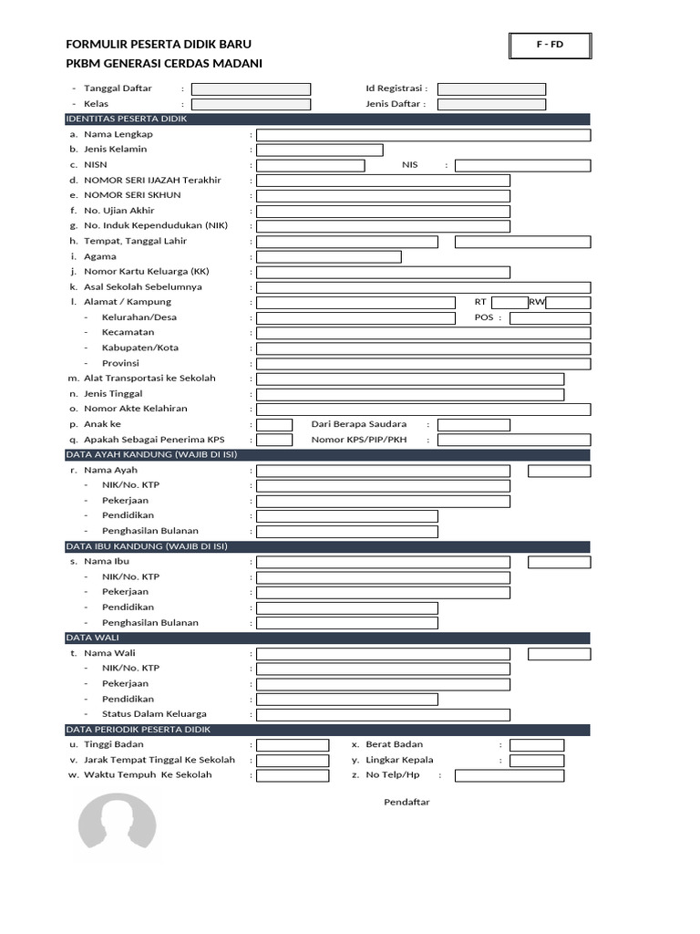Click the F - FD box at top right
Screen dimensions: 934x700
click(550, 46)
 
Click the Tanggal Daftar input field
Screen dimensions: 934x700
click(251, 89)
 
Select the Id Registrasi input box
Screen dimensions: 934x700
click(491, 89)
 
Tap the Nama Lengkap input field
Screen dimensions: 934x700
click(423, 135)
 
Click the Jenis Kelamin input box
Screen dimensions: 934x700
click(319, 150)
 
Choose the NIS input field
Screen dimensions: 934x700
click(522, 166)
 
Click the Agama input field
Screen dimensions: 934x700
click(328, 257)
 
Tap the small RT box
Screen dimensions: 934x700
click(510, 303)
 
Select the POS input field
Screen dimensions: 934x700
click(550, 318)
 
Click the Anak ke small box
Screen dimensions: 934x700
click(274, 425)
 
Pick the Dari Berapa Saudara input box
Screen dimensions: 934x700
click(473, 425)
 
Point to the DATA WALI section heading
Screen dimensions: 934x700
click(93, 638)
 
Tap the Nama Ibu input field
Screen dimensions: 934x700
click(383, 563)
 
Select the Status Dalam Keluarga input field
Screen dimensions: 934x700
click(423, 715)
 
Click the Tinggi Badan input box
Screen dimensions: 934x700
click(293, 745)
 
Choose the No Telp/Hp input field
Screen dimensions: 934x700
click(509, 776)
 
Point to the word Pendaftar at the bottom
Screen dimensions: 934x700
click(407, 803)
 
